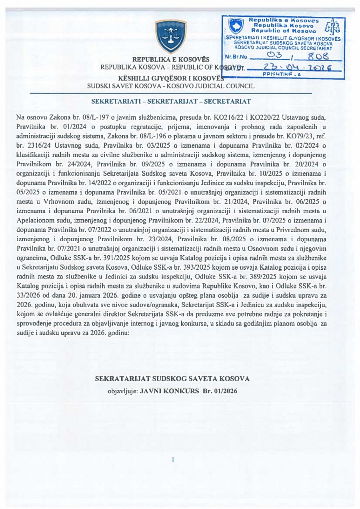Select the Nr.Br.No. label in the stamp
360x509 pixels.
click(x=234, y=57)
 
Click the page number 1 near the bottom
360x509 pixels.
click(x=172, y=460)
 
